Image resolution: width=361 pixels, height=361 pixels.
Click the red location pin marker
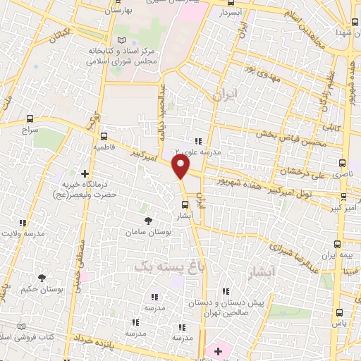(181, 167)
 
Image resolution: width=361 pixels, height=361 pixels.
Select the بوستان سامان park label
(145, 232)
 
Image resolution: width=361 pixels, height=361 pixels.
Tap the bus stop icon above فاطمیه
(104, 136)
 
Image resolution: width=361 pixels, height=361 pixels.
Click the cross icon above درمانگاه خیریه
(85, 173)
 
